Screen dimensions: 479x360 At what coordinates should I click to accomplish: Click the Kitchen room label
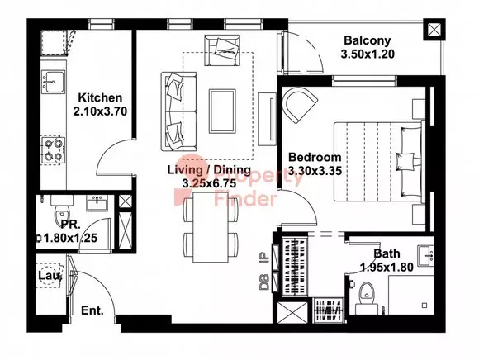pyautogui.click(x=100, y=97)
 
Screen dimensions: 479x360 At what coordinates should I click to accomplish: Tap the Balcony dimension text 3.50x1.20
pyautogui.click(x=368, y=54)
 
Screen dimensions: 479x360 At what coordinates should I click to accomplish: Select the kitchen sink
pyautogui.click(x=53, y=81)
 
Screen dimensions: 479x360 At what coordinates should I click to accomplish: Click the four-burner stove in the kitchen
pyautogui.click(x=53, y=150)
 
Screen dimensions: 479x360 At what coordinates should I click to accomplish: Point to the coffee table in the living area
pyautogui.click(x=222, y=111)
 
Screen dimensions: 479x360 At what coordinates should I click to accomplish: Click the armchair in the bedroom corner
pyautogui.click(x=299, y=105)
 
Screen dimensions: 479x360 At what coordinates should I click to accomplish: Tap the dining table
pyautogui.click(x=211, y=226)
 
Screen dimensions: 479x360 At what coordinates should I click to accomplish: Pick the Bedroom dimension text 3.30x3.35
pyautogui.click(x=315, y=170)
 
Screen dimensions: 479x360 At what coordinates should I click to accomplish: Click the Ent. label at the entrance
pyautogui.click(x=92, y=310)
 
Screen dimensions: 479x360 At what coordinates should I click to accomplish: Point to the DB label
pyautogui.click(x=264, y=282)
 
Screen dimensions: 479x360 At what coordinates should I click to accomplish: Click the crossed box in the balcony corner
pyautogui.click(x=434, y=30)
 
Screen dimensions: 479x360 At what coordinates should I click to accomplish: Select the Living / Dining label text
pyautogui.click(x=209, y=170)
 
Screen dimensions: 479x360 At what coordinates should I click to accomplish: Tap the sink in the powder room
pyautogui.click(x=97, y=202)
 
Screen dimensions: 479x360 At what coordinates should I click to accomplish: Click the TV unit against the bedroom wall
pyautogui.click(x=268, y=119)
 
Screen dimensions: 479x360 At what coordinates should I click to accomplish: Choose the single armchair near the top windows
pyautogui.click(x=222, y=50)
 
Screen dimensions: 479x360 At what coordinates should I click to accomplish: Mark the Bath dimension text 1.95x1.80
pyautogui.click(x=387, y=268)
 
